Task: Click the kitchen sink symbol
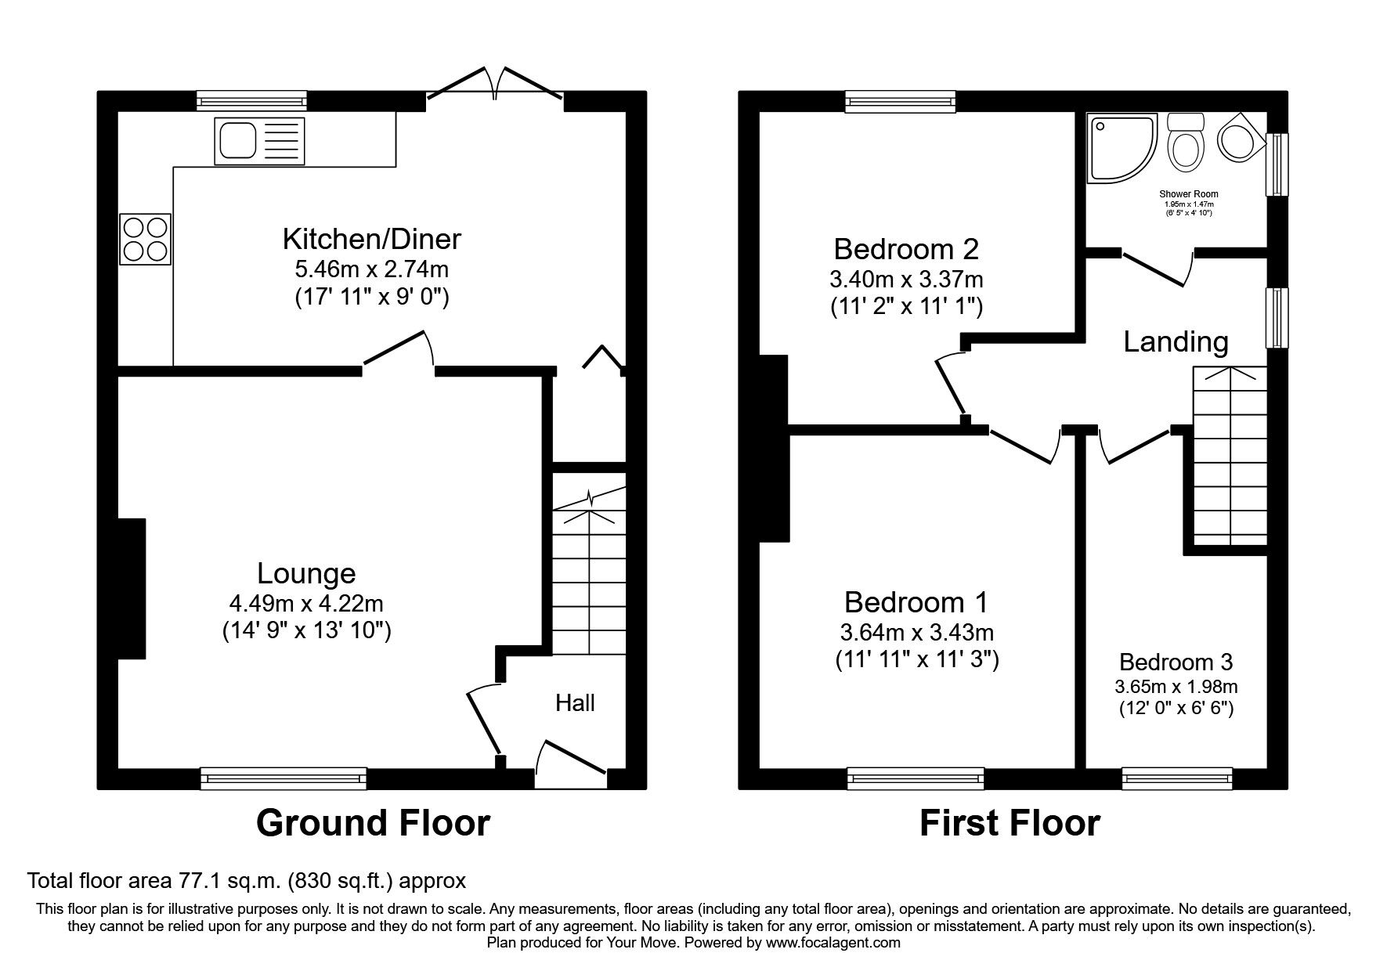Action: pos(259,142)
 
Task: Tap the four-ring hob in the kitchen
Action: pos(146,239)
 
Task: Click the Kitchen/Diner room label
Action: pos(371,238)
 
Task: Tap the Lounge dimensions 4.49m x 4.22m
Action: pos(306,604)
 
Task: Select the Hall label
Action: pos(575,702)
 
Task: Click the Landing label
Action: pos(1176,341)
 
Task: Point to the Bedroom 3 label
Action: pos(1176,662)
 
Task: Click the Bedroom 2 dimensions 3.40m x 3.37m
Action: pos(906,279)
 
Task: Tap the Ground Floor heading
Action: pos(373,823)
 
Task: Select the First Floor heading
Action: pos(1009,823)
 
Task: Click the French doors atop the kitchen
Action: pos(495,85)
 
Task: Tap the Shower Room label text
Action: pos(1188,193)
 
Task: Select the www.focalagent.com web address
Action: pos(833,943)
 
